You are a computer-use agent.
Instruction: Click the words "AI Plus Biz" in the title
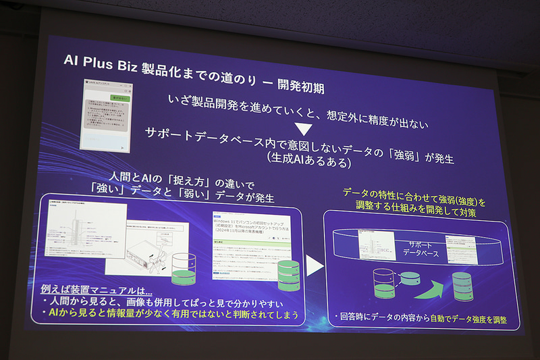(x=102, y=59)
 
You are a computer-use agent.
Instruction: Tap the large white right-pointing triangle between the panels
(x=314, y=266)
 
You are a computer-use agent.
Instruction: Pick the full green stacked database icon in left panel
(x=288, y=274)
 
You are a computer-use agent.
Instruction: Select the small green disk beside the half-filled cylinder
(x=409, y=278)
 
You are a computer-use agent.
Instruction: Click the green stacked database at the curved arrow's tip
(x=463, y=286)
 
